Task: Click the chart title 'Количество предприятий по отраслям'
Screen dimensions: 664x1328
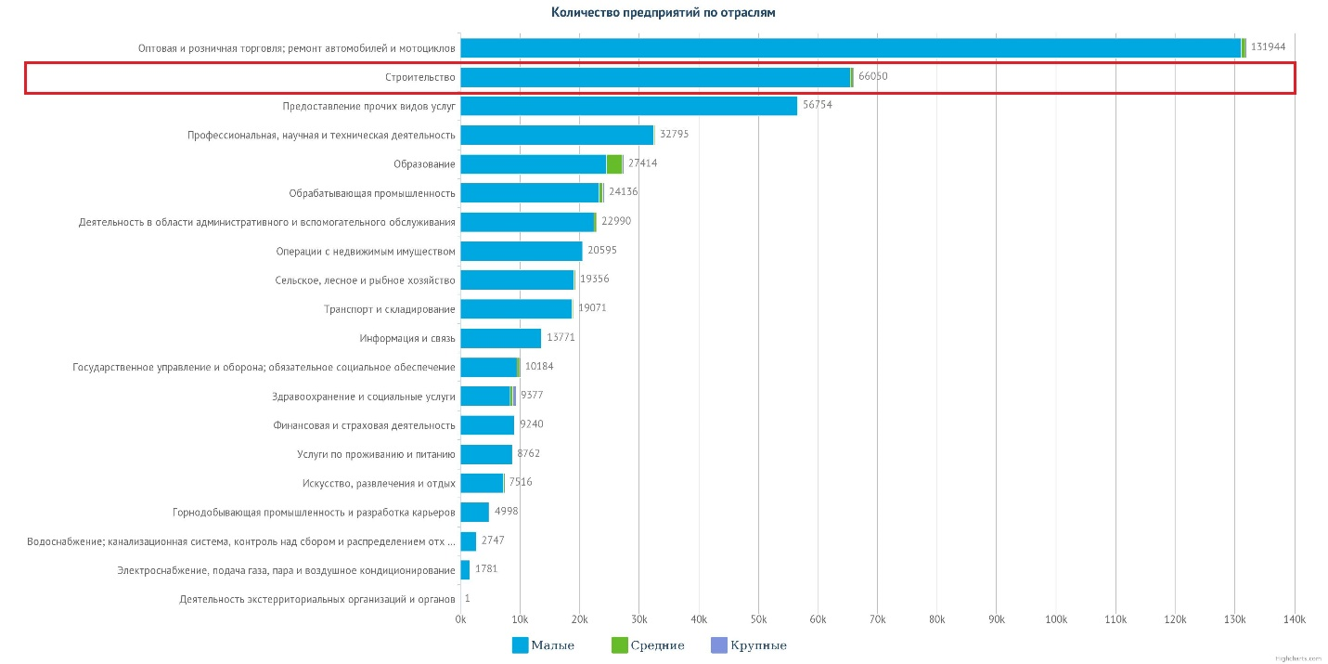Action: (663, 13)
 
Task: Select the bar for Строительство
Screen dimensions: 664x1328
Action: (655, 77)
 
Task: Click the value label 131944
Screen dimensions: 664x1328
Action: (1268, 46)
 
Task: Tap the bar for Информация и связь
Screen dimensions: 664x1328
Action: (500, 338)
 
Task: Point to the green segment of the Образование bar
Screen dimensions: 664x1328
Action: (614, 163)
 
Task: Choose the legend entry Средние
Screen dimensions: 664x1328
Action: (648, 645)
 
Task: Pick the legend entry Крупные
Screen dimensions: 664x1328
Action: (748, 645)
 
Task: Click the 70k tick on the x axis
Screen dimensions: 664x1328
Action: (877, 619)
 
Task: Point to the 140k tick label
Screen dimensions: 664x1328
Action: (1294, 619)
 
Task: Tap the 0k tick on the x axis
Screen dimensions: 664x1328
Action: (460, 619)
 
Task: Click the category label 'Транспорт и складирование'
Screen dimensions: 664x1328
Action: (390, 309)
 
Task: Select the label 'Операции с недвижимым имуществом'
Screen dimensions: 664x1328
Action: (366, 251)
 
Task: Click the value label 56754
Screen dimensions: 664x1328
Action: (818, 105)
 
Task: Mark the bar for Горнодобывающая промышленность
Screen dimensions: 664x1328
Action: (474, 512)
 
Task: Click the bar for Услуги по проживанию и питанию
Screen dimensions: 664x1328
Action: (486, 454)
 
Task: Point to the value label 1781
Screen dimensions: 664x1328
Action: (486, 568)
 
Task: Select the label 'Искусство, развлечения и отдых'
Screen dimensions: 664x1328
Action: (379, 483)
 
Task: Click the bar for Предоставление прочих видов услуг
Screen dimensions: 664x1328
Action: (628, 106)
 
